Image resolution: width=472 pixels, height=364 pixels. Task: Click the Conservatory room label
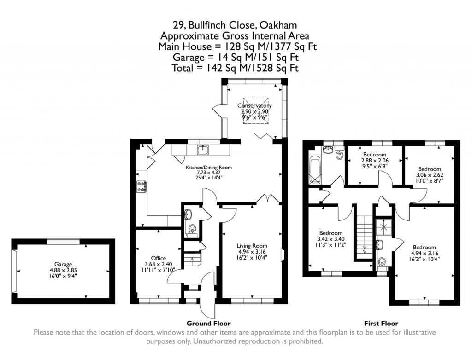pyautogui.click(x=254, y=105)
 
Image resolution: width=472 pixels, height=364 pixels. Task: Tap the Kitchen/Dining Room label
pyautogui.click(x=208, y=167)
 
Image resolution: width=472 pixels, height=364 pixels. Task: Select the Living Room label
pyautogui.click(x=252, y=246)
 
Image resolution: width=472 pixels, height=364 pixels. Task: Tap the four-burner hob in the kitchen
pyautogui.click(x=142, y=186)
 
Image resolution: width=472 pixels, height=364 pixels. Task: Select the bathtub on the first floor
pyautogui.click(x=316, y=170)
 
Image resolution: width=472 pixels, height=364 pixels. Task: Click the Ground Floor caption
pyautogui.click(x=208, y=324)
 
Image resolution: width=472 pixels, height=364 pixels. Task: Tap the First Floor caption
pyautogui.click(x=381, y=324)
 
